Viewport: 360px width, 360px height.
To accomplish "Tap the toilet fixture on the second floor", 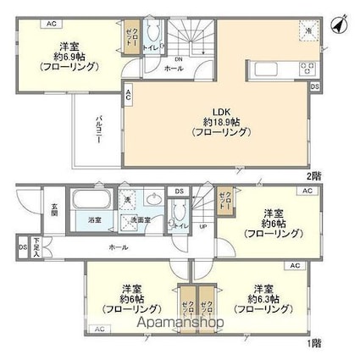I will point(153,36).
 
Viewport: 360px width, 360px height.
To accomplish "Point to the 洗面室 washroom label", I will point(141,221).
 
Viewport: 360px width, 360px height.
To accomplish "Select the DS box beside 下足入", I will point(22,246).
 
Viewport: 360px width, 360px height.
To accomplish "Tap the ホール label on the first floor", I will point(119,246).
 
